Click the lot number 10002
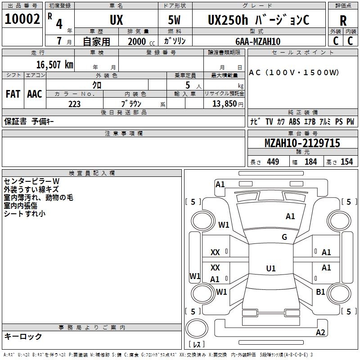pyautogui.click(x=22, y=20)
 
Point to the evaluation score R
pyautogui.click(x=343, y=21)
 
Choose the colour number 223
pyautogui.click(x=74, y=104)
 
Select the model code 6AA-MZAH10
pyautogui.click(x=258, y=41)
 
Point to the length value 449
pyautogui.click(x=273, y=162)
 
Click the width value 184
pyautogui.click(x=310, y=162)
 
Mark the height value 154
pyautogui.click(x=346, y=162)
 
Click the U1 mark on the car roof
pyautogui.click(x=271, y=269)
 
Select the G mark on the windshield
pyautogui.click(x=284, y=237)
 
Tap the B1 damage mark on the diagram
pyautogui.click(x=320, y=292)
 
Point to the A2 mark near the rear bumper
pyautogui.click(x=320, y=333)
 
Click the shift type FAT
pyautogui.click(x=13, y=94)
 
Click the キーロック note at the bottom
pyautogui.click(x=23, y=336)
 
